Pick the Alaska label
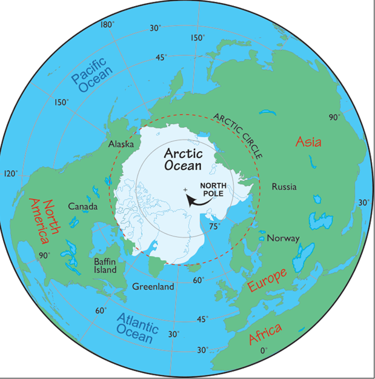[121, 144]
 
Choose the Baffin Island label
[109, 266]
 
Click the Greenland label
[153, 286]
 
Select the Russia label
[284, 186]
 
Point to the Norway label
[283, 238]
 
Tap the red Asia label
[308, 142]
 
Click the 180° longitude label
[107, 25]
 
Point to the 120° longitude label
[10, 173]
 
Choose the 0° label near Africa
[263, 350]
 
